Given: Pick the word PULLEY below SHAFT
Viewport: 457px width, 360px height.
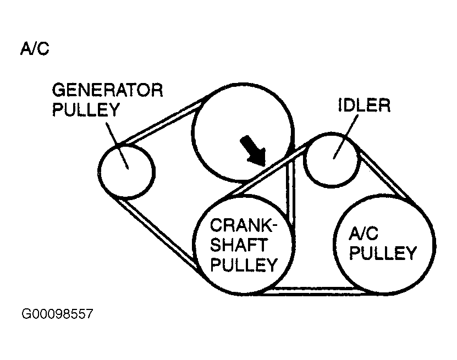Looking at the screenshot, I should point(242,265).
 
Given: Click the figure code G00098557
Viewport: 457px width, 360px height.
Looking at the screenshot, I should point(57,315).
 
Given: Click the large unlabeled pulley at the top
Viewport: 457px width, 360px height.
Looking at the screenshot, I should point(242,132).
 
